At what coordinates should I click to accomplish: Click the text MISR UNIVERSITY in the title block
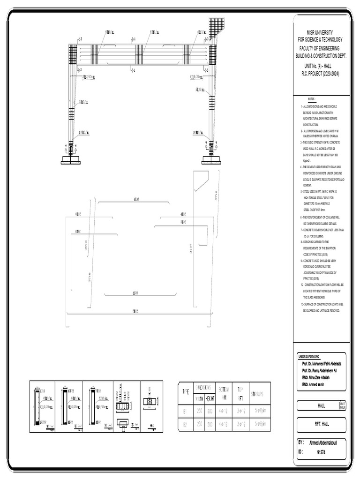pos(320,32)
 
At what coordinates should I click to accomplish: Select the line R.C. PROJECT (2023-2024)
pos(320,74)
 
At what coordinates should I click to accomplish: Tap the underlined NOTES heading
pos(312,99)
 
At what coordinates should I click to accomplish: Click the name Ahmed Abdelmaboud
pos(323,442)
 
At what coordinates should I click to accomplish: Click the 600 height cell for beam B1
pos(210,411)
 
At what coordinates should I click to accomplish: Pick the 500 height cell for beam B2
pos(210,425)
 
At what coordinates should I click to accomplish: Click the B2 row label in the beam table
pos(185,425)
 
